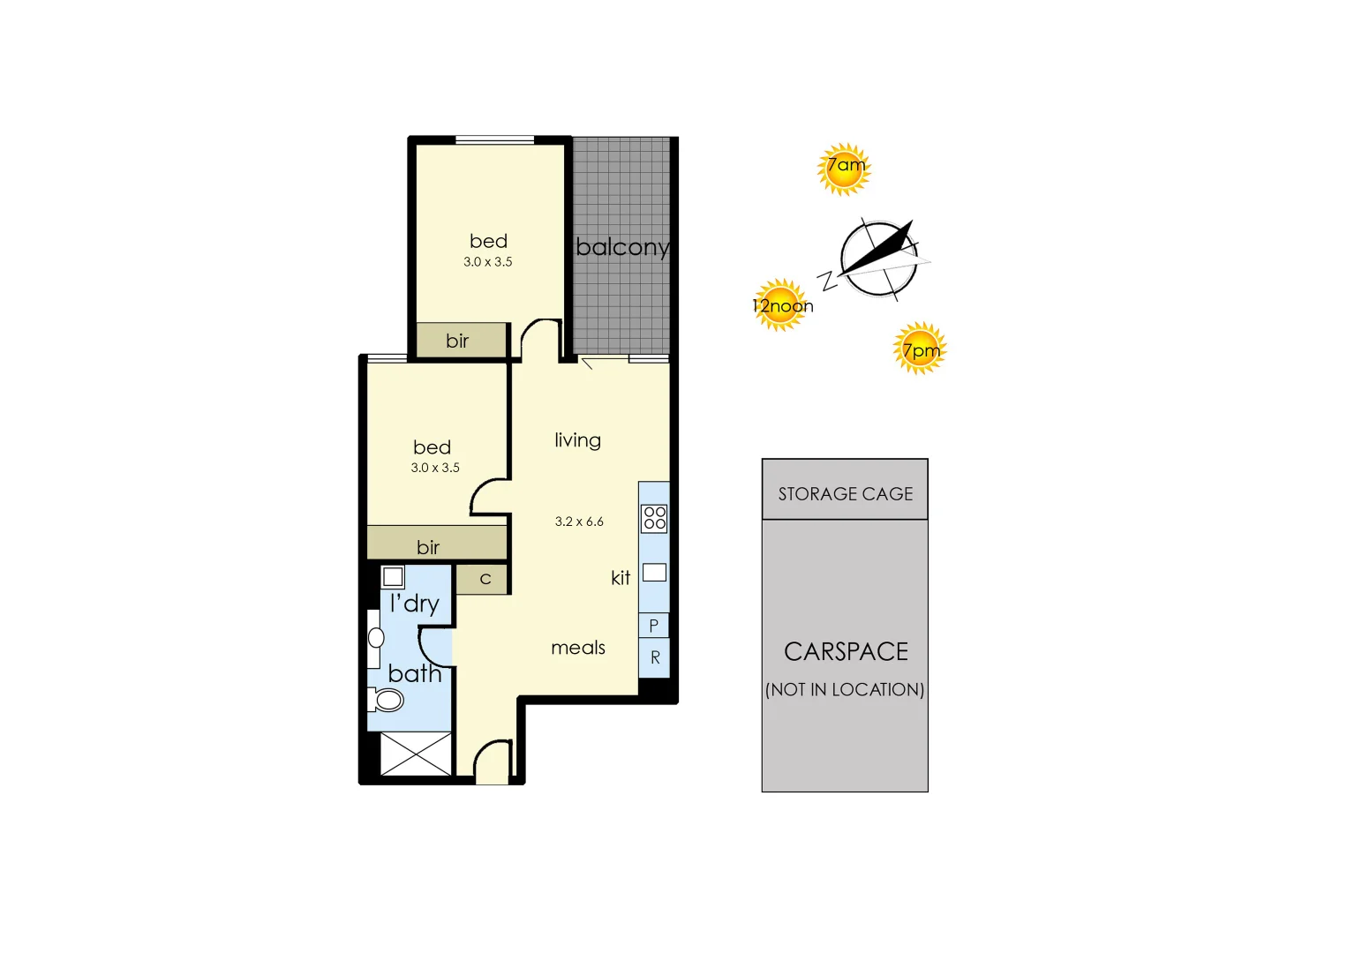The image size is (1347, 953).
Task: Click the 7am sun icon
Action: click(x=845, y=169)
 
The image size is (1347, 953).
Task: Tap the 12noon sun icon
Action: click(x=780, y=305)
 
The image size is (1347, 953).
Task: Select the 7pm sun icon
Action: click(x=920, y=349)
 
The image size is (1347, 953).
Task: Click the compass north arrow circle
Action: click(x=878, y=257)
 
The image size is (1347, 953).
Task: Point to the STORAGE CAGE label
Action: click(x=845, y=493)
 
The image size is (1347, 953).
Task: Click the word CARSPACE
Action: click(x=846, y=651)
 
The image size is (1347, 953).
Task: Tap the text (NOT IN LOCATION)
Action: click(x=845, y=689)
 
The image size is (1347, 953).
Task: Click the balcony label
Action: click(x=622, y=247)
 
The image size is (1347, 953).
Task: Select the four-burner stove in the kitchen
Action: click(x=654, y=518)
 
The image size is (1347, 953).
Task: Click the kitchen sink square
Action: click(x=654, y=573)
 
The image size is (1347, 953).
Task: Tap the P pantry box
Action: click(x=653, y=625)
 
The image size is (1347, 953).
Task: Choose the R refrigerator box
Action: click(x=654, y=657)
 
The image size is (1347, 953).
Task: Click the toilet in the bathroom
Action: click(x=387, y=701)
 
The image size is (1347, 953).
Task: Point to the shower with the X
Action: click(x=416, y=754)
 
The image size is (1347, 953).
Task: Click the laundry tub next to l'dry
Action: click(x=393, y=577)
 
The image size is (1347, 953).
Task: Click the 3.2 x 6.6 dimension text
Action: click(x=579, y=522)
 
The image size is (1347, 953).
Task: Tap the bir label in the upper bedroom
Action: click(x=457, y=341)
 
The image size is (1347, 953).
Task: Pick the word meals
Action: click(x=578, y=648)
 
